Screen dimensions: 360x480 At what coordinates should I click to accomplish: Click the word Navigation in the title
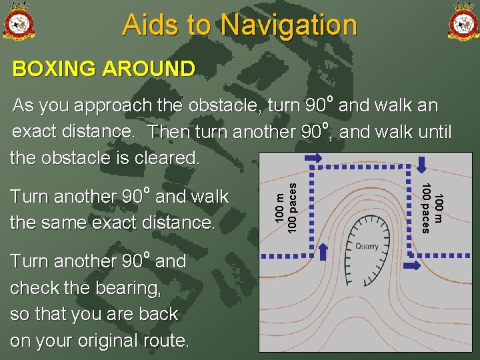click(289, 25)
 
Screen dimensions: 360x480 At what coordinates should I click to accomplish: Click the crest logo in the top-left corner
click(19, 22)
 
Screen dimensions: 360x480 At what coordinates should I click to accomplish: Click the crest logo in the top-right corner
click(463, 22)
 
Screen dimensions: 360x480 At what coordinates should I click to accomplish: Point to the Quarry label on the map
click(367, 246)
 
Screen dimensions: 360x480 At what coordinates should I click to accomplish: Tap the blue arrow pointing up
click(323, 250)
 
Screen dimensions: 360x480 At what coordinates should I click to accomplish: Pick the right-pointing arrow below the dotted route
click(414, 266)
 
